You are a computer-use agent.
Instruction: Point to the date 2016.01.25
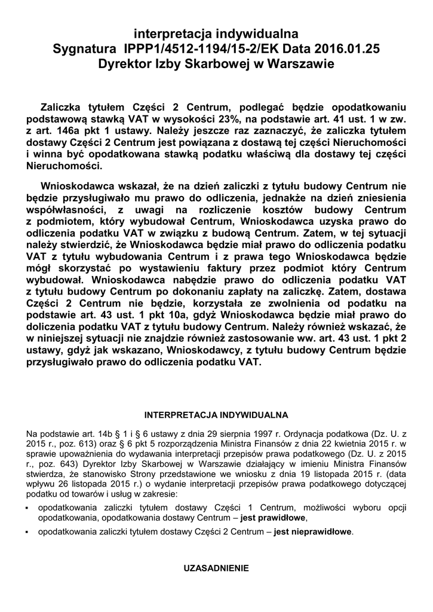(346, 48)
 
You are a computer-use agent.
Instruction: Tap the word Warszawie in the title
(297, 62)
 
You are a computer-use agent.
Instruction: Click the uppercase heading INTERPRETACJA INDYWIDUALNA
(217, 414)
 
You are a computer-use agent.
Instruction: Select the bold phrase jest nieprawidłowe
(314, 531)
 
